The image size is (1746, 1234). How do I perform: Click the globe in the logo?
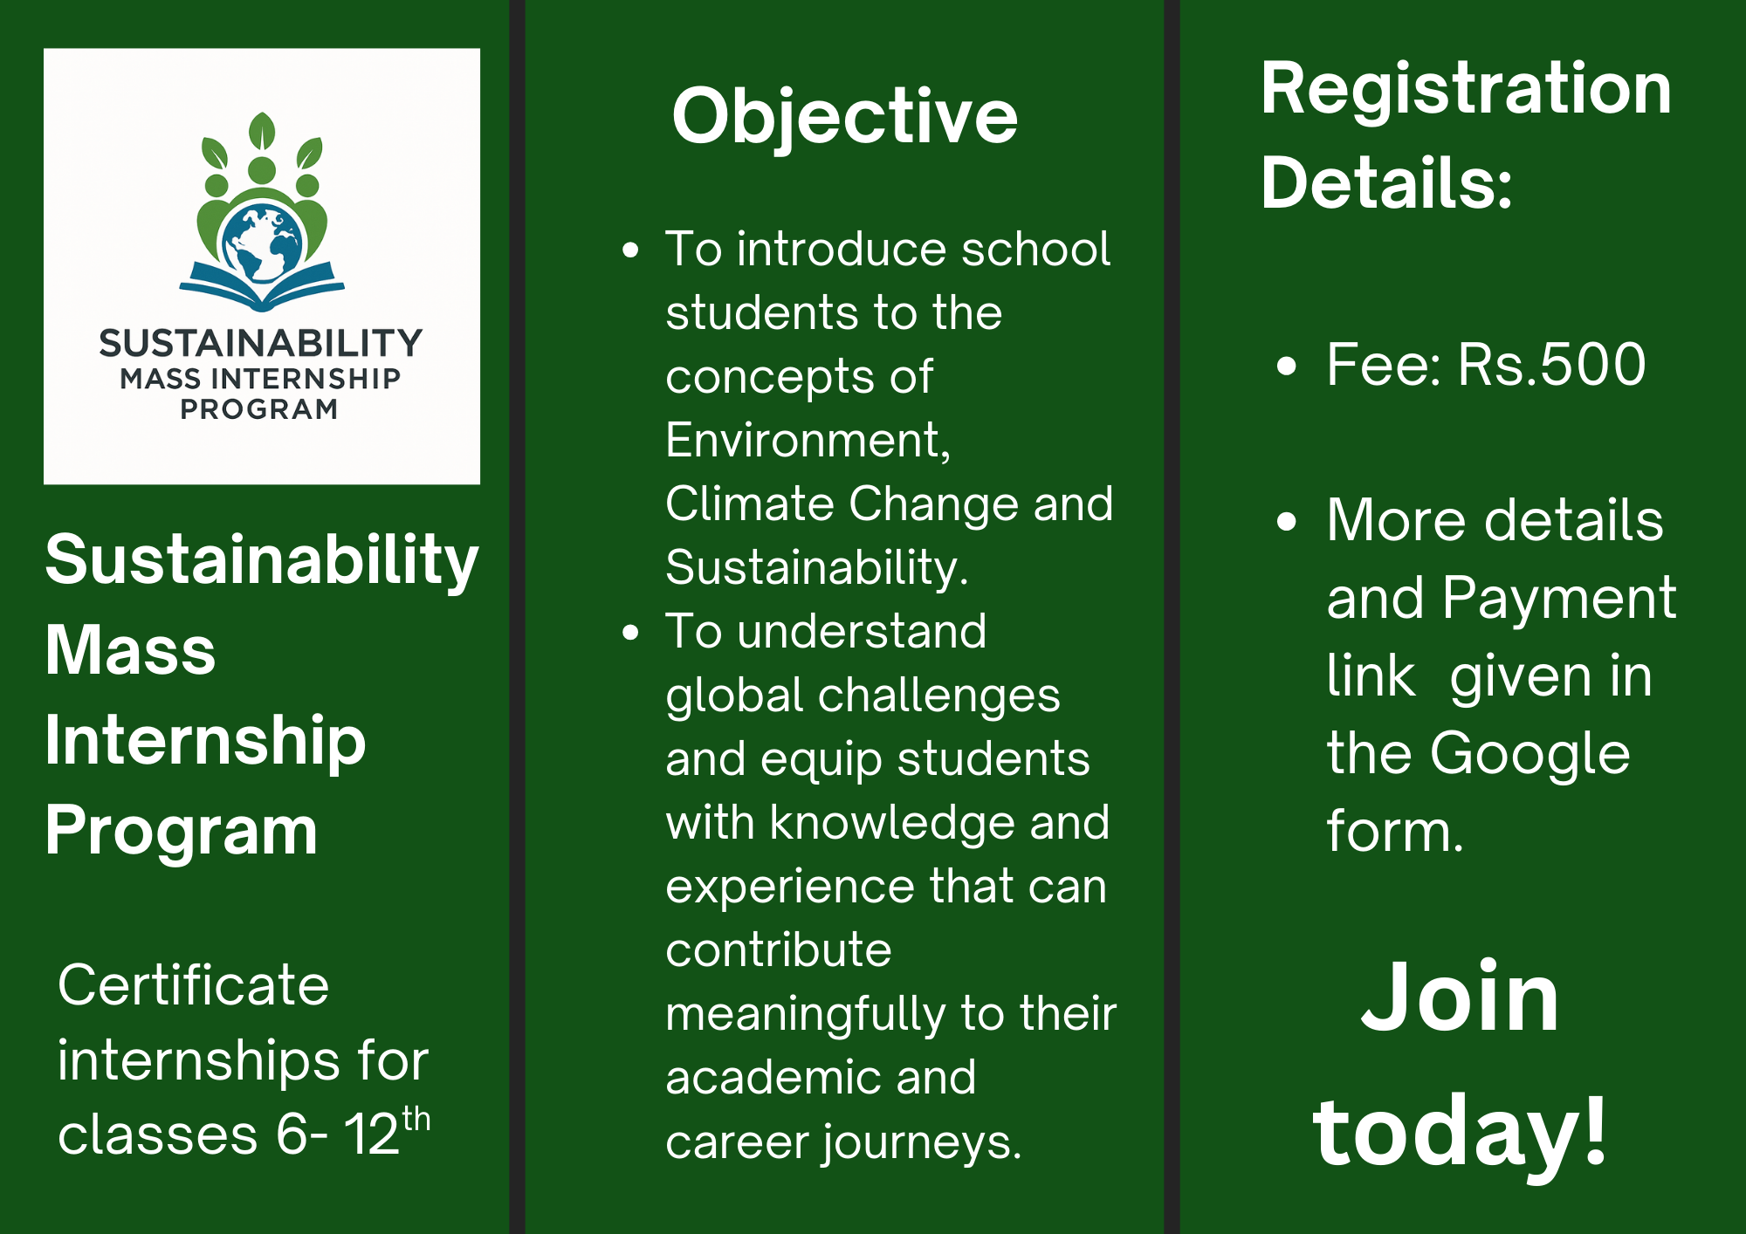pos(262,243)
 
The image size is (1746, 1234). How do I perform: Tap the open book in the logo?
pos(262,289)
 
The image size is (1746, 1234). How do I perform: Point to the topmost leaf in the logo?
pos(262,131)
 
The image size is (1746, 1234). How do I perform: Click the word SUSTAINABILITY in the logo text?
pos(261,343)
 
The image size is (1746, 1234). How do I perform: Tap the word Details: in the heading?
pos(1386,182)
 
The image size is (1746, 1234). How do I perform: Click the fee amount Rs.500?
pos(1551,364)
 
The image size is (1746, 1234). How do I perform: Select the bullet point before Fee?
pos(1286,366)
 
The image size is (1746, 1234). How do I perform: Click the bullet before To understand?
pos(630,633)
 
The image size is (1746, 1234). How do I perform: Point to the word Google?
pos(1529,753)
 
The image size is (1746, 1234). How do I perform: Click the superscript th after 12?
pos(416,1119)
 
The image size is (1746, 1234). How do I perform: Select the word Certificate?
pos(194,985)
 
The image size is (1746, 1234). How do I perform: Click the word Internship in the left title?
pos(205,740)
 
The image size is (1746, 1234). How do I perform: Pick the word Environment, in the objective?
pos(808,440)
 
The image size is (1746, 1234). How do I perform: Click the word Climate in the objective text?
pos(750,504)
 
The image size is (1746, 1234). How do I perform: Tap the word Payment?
pos(1558,599)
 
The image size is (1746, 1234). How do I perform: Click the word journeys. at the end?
pos(922,1141)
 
